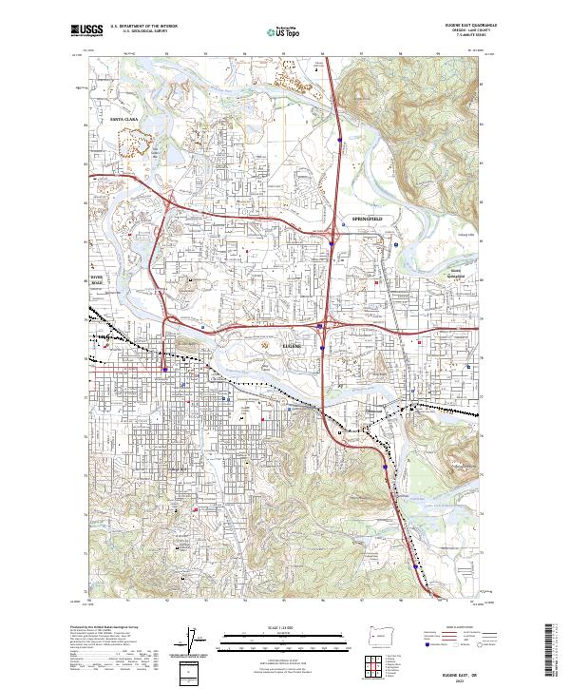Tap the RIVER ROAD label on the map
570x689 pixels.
[x=95, y=278]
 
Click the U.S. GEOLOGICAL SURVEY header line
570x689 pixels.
[x=137, y=31]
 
